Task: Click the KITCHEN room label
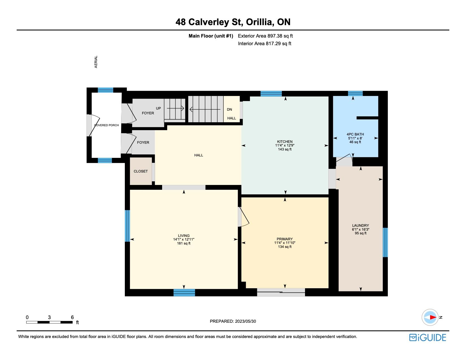(285, 141)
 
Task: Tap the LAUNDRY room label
(360, 225)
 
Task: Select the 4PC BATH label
(355, 134)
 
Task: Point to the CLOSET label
(140, 171)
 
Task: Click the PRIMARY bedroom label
(285, 239)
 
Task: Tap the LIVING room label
(184, 235)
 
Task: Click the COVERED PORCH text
(106, 125)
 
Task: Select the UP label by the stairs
(158, 108)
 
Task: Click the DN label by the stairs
(229, 109)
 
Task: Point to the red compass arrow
(433, 317)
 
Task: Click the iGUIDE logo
(427, 337)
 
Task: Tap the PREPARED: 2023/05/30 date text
(233, 321)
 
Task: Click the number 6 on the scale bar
(72, 317)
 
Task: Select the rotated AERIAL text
(96, 62)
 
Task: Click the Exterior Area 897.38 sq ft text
(265, 36)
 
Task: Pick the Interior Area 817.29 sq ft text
(264, 43)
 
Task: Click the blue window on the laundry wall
(385, 242)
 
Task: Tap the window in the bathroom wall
(355, 93)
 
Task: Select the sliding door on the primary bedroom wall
(281, 292)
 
